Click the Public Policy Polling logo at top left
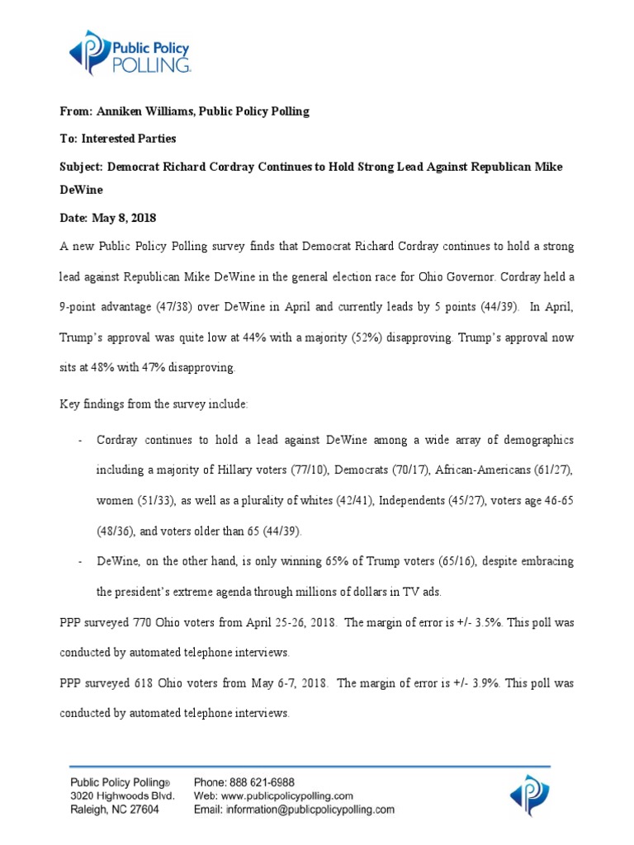[x=130, y=52]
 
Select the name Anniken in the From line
[x=121, y=111]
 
